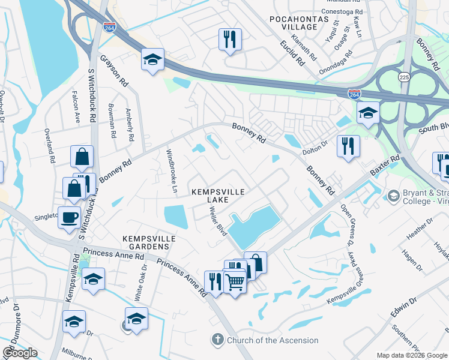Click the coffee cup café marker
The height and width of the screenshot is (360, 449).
tap(69, 217)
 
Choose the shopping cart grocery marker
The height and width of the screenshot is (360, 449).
tap(235, 281)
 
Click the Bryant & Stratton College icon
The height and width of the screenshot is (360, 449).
tap(393, 196)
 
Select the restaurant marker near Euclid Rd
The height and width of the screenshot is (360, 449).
tap(230, 40)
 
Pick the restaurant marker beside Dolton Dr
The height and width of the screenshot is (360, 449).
tap(348, 146)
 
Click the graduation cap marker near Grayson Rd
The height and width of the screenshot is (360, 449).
tap(152, 60)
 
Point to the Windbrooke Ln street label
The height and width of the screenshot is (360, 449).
tap(172, 171)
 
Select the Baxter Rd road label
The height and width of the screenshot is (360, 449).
tap(385, 167)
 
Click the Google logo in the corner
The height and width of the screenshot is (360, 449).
tap(20, 353)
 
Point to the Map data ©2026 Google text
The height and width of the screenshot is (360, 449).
tap(412, 355)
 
